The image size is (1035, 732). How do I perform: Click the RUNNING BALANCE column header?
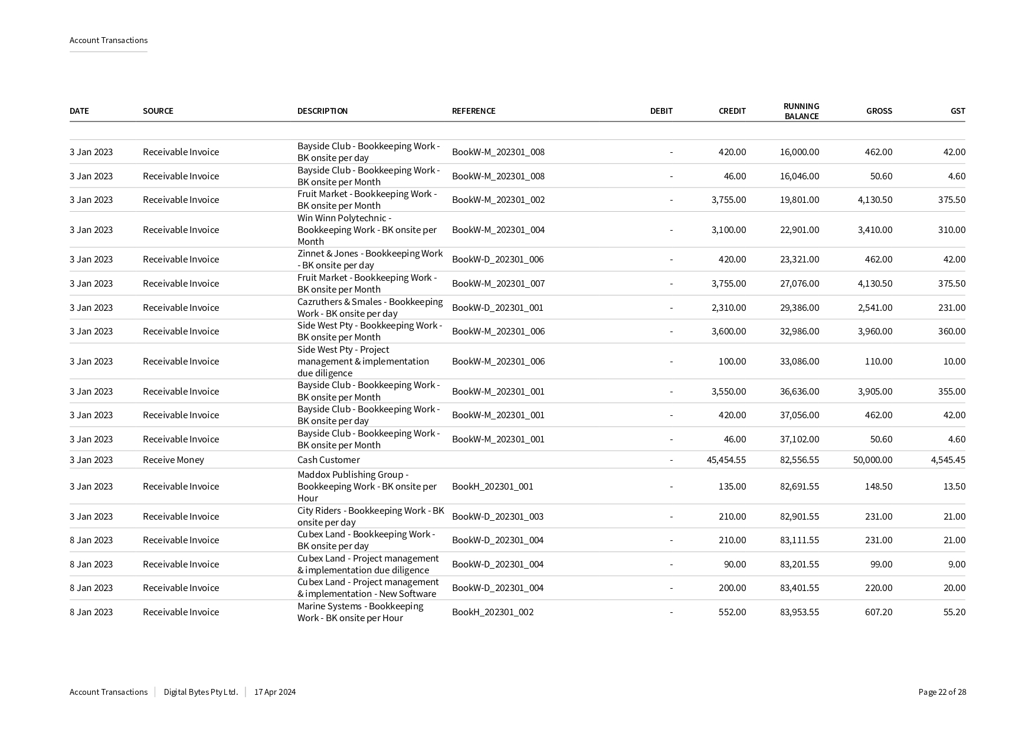click(x=801, y=111)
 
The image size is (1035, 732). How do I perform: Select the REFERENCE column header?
click(x=473, y=111)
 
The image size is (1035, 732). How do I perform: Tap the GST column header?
click(x=957, y=111)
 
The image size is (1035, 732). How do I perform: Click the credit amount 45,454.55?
click(x=726, y=459)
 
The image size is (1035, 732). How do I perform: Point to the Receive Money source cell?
click(x=173, y=459)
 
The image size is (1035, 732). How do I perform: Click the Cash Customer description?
click(x=328, y=459)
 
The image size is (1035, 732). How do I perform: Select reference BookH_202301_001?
click(x=492, y=486)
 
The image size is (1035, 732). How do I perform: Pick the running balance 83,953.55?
click(x=799, y=612)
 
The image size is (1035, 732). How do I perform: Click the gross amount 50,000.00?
click(x=872, y=459)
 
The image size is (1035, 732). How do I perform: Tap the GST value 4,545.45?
click(x=948, y=459)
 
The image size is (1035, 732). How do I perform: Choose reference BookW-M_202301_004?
click(x=498, y=229)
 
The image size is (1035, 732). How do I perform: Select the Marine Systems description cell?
click(x=360, y=612)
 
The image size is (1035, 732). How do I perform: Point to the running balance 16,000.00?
click(x=799, y=152)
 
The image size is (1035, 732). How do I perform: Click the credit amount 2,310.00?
click(x=728, y=307)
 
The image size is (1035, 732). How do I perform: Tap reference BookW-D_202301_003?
click(x=497, y=516)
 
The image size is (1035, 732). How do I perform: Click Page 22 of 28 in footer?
click(x=942, y=692)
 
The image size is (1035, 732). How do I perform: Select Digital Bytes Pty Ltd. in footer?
click(x=201, y=692)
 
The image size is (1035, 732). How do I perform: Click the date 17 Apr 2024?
click(x=275, y=692)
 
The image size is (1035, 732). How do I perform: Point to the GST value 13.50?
click(x=954, y=486)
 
